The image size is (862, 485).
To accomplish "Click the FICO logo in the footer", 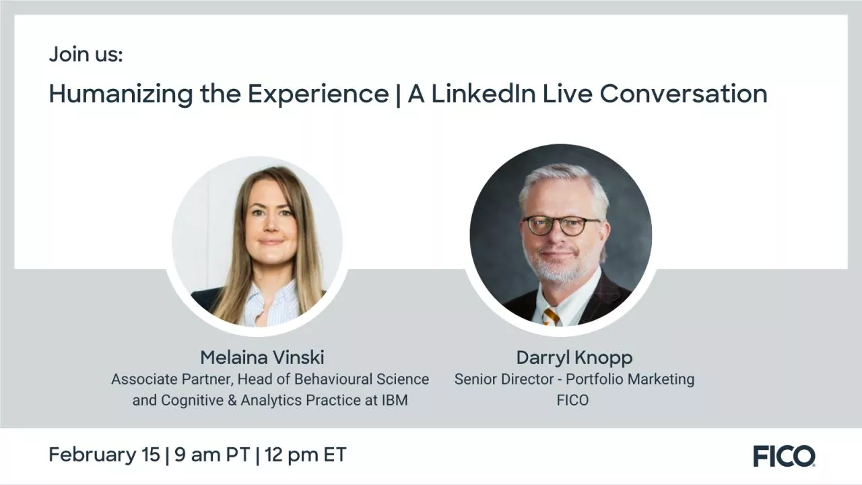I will (784, 456).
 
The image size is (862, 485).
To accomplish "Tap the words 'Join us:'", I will (86, 55).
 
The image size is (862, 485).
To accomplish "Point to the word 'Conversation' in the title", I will (684, 94).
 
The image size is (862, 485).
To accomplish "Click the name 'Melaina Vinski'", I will (262, 357).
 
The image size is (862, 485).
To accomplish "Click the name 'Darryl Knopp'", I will (574, 357).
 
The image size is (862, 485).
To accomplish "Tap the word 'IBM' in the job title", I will (395, 400).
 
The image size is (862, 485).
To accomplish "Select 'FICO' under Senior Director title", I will (572, 400).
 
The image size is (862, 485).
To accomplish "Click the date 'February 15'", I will (104, 455).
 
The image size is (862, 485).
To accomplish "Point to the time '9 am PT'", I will (212, 455).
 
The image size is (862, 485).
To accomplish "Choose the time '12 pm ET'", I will (305, 455).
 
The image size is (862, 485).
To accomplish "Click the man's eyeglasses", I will (561, 225).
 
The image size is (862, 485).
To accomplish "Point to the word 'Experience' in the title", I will (319, 94).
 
